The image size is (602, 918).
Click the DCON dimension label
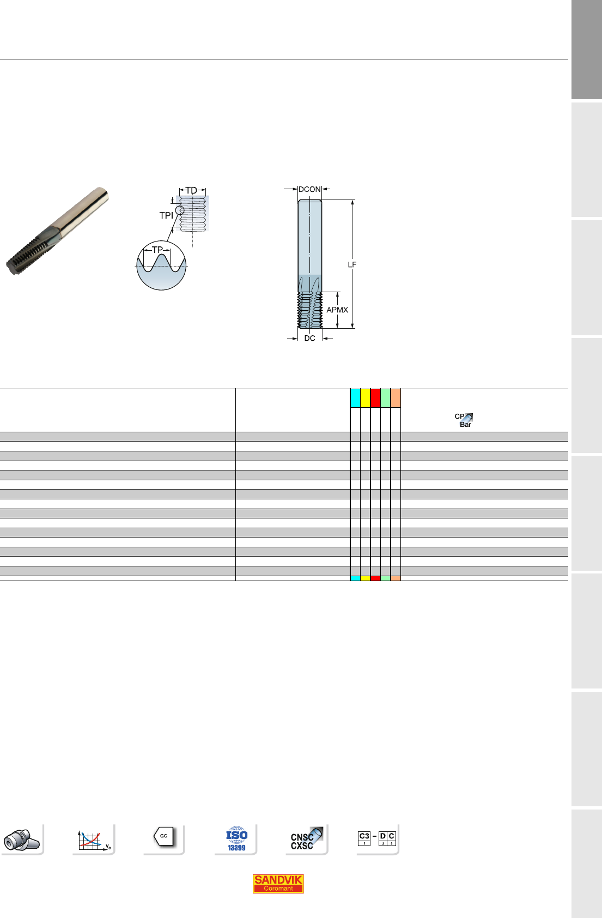coord(309,189)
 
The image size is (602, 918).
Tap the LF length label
coord(352,265)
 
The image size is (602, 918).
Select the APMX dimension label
coord(337,310)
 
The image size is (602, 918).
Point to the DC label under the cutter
coord(309,338)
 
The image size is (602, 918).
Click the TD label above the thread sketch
coord(191,191)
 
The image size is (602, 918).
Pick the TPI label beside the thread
coord(166,215)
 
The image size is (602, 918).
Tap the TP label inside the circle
coord(157,250)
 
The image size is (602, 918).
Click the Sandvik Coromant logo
coord(278,883)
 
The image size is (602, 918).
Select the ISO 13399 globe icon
coord(236,838)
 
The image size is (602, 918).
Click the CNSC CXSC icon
coord(306,838)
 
